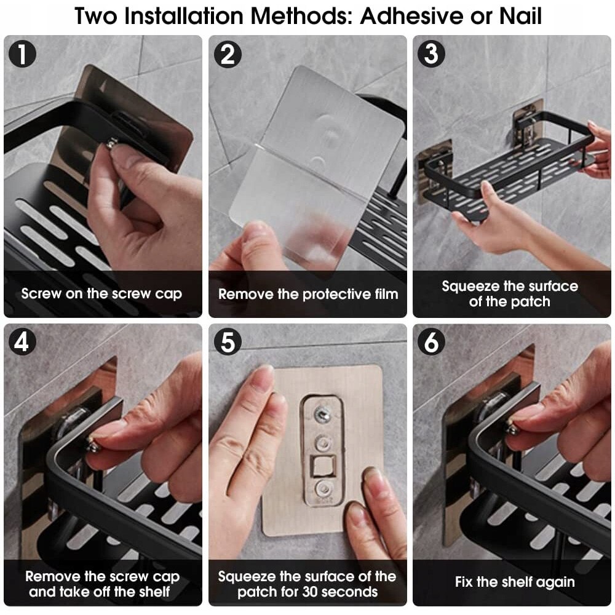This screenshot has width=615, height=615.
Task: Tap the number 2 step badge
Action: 228,54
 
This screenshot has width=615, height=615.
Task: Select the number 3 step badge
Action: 431,54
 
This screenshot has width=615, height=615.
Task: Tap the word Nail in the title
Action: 520,16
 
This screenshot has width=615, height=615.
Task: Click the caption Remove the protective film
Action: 308,294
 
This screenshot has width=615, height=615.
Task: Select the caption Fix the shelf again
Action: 515,582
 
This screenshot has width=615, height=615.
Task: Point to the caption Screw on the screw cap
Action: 101,294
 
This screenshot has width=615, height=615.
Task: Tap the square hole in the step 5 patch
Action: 323,466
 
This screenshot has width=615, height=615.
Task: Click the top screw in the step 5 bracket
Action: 322,413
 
